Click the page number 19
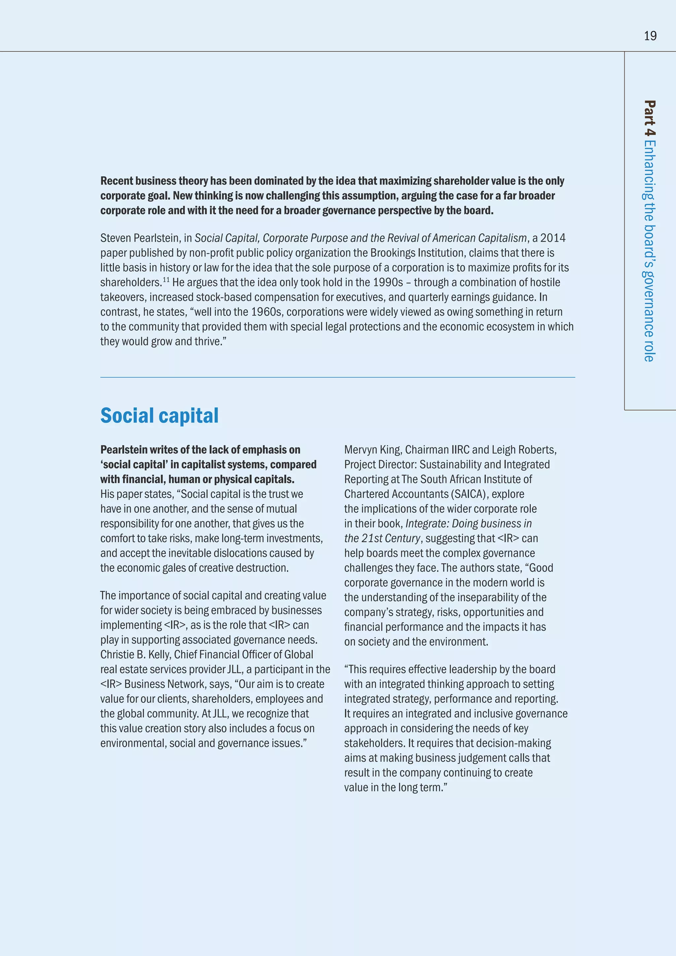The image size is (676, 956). (x=650, y=36)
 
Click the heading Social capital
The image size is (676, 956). (x=159, y=416)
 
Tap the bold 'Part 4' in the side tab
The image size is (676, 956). (x=649, y=118)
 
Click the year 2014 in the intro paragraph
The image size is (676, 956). (x=553, y=238)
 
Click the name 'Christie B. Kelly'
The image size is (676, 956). (x=135, y=655)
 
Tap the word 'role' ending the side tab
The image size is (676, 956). (x=649, y=352)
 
